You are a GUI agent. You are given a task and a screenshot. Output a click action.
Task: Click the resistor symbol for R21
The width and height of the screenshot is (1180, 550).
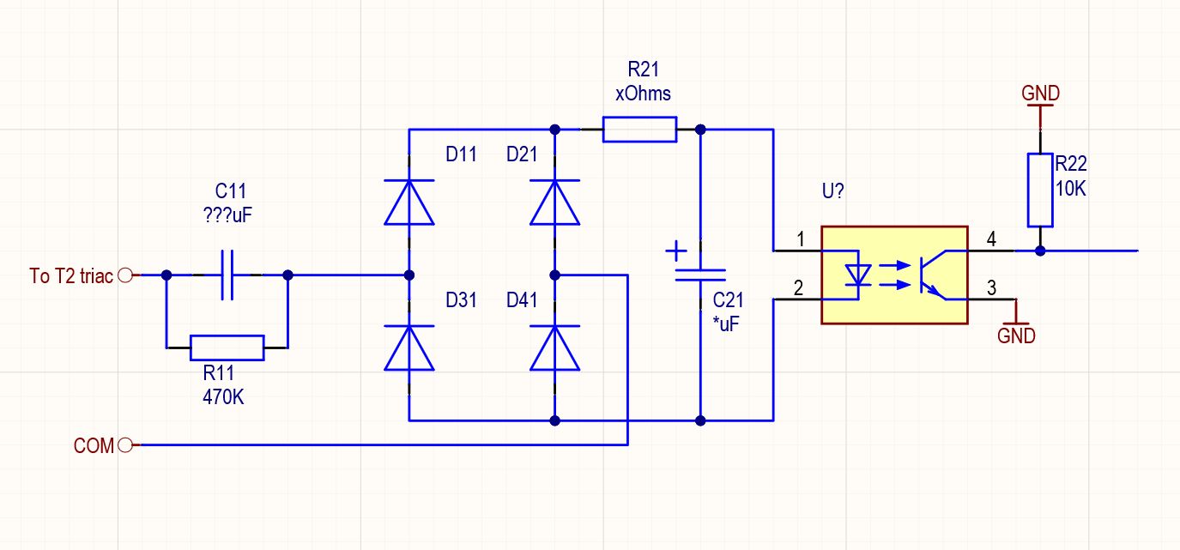tap(639, 130)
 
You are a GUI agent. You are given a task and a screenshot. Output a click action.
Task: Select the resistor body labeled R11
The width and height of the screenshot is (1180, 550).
tap(227, 348)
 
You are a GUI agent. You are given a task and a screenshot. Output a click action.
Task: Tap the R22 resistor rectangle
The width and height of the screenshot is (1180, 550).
tap(1040, 190)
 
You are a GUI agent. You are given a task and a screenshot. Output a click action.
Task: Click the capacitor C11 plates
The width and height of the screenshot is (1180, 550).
tap(227, 275)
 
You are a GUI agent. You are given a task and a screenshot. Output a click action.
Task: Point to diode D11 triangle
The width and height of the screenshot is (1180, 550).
tap(409, 202)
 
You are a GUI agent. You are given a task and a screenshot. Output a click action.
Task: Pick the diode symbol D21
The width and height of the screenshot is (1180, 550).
tap(554, 202)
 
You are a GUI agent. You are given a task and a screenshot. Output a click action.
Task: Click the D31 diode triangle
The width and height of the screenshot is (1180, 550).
tap(409, 348)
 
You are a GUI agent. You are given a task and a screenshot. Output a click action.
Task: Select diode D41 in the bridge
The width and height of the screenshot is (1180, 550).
tap(554, 348)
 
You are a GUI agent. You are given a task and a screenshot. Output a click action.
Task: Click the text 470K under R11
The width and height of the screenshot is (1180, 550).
tap(223, 397)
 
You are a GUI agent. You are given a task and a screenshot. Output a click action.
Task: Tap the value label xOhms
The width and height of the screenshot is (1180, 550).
tap(643, 94)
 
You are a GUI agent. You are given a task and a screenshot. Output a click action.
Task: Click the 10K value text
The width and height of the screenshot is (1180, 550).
tap(1070, 188)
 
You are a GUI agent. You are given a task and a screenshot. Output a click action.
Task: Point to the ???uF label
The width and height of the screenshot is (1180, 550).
tap(227, 215)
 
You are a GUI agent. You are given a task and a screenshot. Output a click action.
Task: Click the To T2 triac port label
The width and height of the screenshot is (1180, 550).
tap(71, 276)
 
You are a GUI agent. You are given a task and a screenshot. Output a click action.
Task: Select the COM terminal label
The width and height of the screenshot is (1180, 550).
tap(94, 445)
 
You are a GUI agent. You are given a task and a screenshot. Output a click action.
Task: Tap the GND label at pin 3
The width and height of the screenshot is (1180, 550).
tap(1016, 335)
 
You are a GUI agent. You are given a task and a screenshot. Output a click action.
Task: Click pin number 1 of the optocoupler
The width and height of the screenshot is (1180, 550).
tap(801, 239)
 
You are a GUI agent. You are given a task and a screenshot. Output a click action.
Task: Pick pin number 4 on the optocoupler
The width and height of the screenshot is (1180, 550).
tap(991, 239)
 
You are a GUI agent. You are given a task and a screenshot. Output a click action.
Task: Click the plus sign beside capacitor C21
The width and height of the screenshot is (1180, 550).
tap(676, 251)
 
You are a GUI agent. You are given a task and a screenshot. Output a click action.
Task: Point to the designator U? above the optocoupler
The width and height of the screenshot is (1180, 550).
tap(832, 190)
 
